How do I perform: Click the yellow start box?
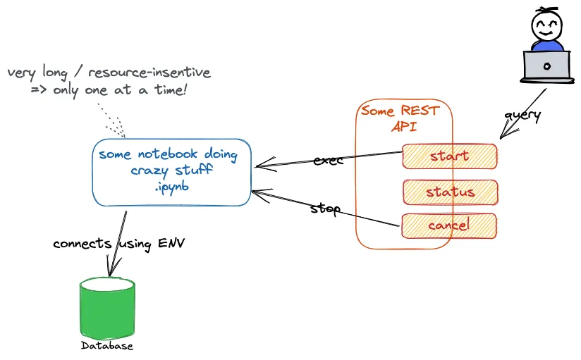pyautogui.click(x=450, y=156)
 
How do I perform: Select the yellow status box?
pyautogui.click(x=451, y=192)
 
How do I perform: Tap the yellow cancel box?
pyautogui.click(x=449, y=225)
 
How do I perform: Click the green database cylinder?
pyautogui.click(x=107, y=309)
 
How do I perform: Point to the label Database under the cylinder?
pyautogui.click(x=107, y=346)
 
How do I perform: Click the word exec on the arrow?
pyautogui.click(x=328, y=160)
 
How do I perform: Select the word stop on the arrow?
pyautogui.click(x=326, y=209)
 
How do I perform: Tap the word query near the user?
pyautogui.click(x=522, y=115)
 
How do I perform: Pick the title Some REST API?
pyautogui.click(x=399, y=118)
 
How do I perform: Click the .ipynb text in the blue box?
pyautogui.click(x=171, y=187)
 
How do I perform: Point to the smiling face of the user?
pyautogui.click(x=546, y=28)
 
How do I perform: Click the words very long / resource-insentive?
pyautogui.click(x=109, y=73)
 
